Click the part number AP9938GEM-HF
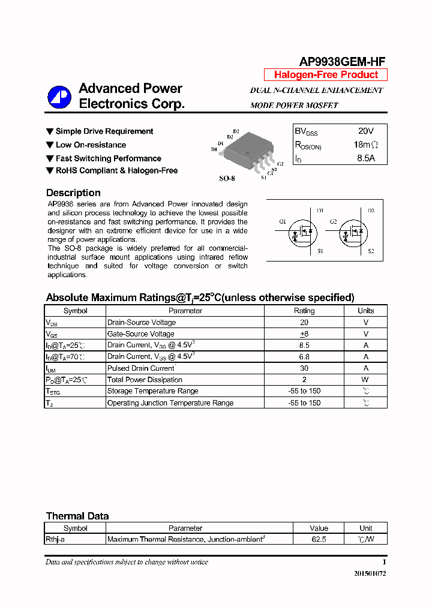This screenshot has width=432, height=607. [x=342, y=61]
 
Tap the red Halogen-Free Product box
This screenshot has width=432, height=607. [x=326, y=75]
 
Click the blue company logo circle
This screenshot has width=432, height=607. [x=60, y=97]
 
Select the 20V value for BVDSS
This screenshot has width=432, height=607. [x=365, y=131]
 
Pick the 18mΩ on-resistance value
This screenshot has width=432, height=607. [x=365, y=145]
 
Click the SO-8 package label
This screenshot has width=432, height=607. [x=227, y=179]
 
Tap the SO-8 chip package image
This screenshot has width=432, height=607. [x=247, y=151]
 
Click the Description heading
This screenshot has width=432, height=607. [x=73, y=193]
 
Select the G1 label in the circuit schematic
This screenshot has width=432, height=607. [x=282, y=221]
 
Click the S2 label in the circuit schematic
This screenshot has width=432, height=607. [x=371, y=251]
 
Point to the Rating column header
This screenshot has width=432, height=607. [x=304, y=311]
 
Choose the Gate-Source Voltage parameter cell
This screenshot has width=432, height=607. [x=141, y=334]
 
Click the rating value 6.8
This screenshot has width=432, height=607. [x=304, y=357]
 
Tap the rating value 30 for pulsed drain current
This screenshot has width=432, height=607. [x=304, y=368]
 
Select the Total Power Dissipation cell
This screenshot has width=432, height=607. [x=145, y=380]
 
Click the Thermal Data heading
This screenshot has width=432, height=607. [x=77, y=516]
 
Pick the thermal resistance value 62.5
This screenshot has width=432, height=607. [x=319, y=540]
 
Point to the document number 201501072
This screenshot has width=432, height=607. [x=370, y=573]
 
